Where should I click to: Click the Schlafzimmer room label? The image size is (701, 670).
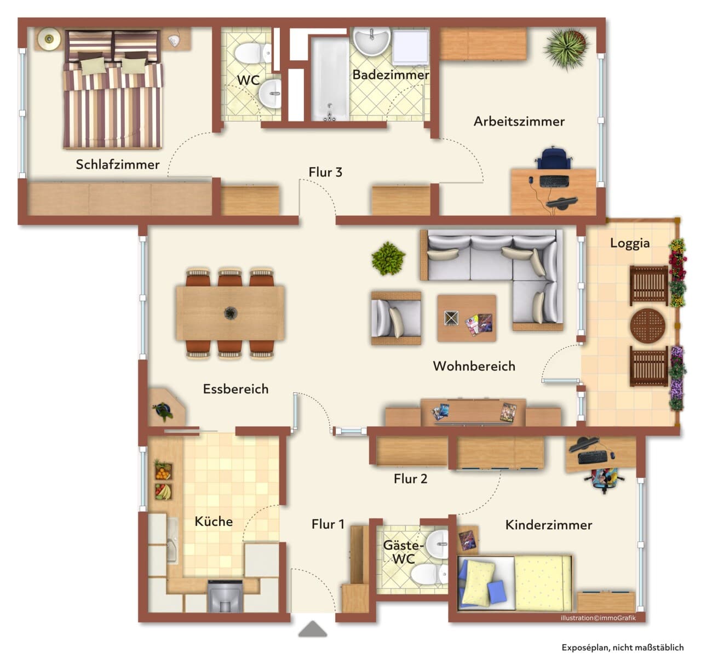pyautogui.click(x=117, y=165)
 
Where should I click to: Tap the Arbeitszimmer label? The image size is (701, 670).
pyautogui.click(x=519, y=122)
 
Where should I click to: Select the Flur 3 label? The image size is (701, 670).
pyautogui.click(x=325, y=172)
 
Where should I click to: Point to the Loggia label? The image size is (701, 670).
pyautogui.click(x=630, y=243)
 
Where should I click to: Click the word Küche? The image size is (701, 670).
pyautogui.click(x=214, y=521)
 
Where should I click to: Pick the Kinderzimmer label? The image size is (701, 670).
pyautogui.click(x=548, y=525)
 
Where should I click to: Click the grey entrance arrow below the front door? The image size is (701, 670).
pyautogui.click(x=313, y=628)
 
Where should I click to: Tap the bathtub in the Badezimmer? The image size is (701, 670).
pyautogui.click(x=330, y=79)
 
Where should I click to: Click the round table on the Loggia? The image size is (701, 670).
pyautogui.click(x=648, y=325)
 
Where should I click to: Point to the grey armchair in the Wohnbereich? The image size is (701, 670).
pyautogui.click(x=396, y=318)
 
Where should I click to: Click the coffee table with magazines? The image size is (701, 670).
pyautogui.click(x=467, y=318)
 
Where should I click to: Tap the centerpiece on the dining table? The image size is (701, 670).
pyautogui.click(x=230, y=313)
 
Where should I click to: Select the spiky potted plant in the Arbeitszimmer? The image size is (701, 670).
pyautogui.click(x=566, y=49)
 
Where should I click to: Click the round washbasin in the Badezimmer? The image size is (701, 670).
pyautogui.click(x=371, y=41)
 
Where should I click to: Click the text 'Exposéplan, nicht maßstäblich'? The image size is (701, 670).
pyautogui.click(x=623, y=648)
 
